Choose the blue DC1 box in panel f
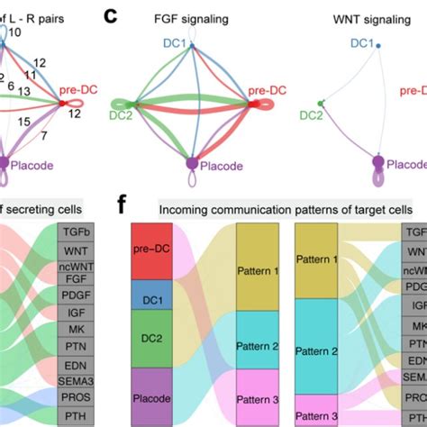click(154, 295)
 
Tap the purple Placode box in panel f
click(154, 395)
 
